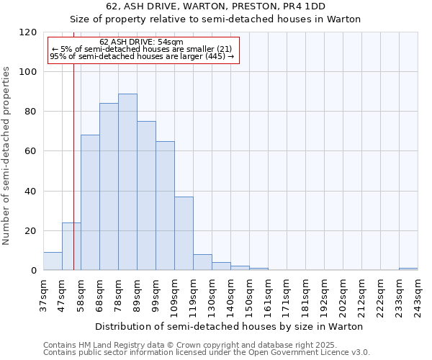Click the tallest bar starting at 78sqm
(127, 182)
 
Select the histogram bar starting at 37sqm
(53, 261)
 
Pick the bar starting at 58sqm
(90, 202)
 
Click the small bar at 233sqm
(408, 269)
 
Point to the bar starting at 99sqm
(165, 206)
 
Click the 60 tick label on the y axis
(32, 152)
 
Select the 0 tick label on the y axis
(35, 271)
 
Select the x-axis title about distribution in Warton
(229, 326)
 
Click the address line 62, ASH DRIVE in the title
(216, 6)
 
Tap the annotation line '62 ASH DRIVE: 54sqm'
(141, 42)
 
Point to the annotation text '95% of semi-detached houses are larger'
(141, 56)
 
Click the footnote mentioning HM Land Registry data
(185, 345)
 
